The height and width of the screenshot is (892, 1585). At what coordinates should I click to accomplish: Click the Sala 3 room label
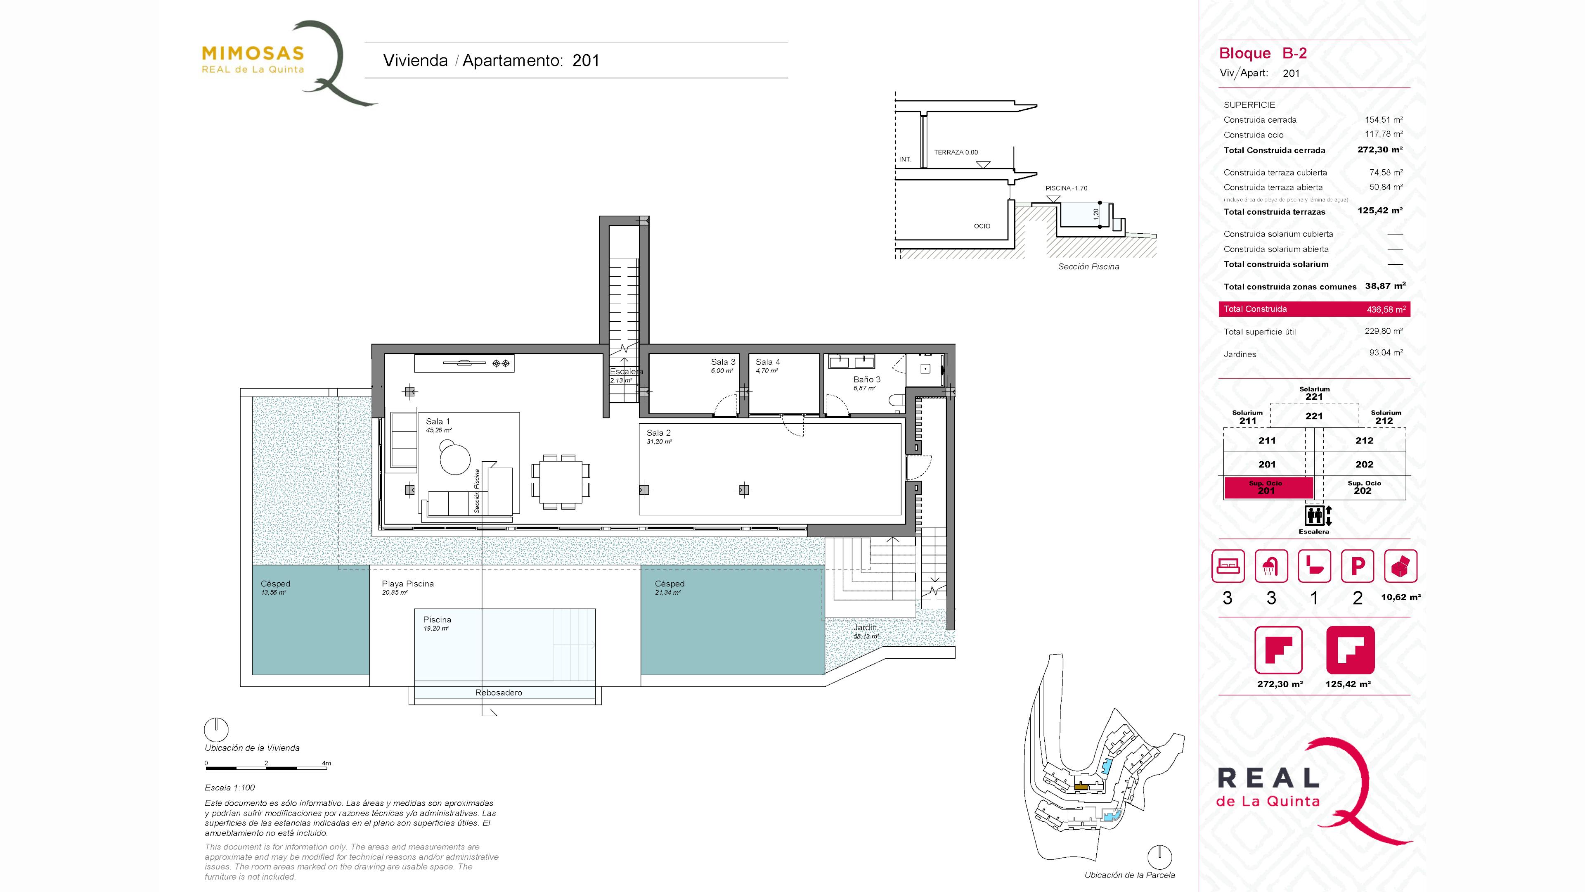click(723, 362)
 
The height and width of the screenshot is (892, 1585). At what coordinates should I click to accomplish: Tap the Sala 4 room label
click(768, 362)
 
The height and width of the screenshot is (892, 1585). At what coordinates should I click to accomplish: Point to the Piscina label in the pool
click(437, 620)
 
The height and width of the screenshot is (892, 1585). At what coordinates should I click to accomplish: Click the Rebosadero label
click(498, 693)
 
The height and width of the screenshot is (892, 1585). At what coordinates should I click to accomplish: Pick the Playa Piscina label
click(407, 584)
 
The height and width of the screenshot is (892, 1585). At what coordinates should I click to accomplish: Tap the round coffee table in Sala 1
click(455, 459)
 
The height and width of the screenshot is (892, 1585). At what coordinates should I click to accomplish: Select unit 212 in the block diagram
click(1364, 441)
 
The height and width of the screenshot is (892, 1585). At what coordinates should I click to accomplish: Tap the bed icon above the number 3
click(1228, 566)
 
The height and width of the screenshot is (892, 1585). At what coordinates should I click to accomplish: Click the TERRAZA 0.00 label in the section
click(956, 152)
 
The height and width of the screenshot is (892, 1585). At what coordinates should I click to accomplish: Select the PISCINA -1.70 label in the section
click(1066, 188)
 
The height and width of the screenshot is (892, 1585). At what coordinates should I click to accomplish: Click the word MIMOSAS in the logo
click(253, 54)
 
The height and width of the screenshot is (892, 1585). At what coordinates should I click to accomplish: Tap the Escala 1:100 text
click(229, 788)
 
